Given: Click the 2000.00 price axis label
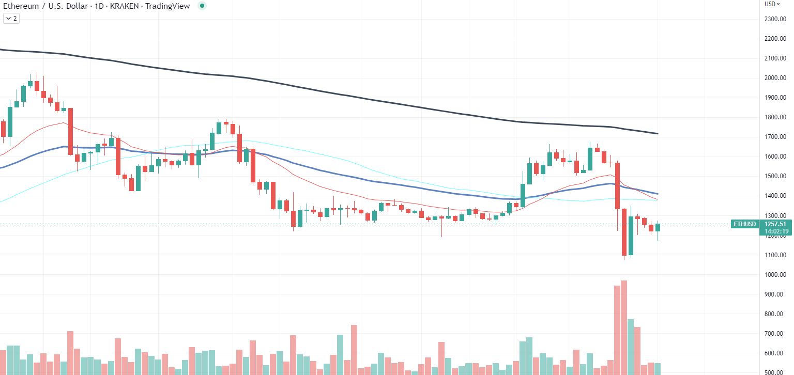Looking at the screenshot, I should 775,78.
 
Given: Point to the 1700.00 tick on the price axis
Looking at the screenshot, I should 775,137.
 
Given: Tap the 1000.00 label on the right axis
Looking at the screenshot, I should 775,275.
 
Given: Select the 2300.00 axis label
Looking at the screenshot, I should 775,19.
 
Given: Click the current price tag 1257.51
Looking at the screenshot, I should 775,224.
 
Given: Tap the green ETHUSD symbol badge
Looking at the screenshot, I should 744,224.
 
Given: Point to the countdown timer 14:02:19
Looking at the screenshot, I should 775,231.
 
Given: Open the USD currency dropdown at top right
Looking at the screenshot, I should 772,4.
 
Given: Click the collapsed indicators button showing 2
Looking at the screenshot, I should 11,19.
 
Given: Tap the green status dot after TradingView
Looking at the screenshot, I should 202,6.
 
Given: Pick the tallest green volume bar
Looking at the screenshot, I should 631,347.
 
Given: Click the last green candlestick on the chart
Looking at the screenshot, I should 658,227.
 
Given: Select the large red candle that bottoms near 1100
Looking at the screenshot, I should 624,232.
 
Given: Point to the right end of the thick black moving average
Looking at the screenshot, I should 657,134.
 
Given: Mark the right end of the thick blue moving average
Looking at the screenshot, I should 657,194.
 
